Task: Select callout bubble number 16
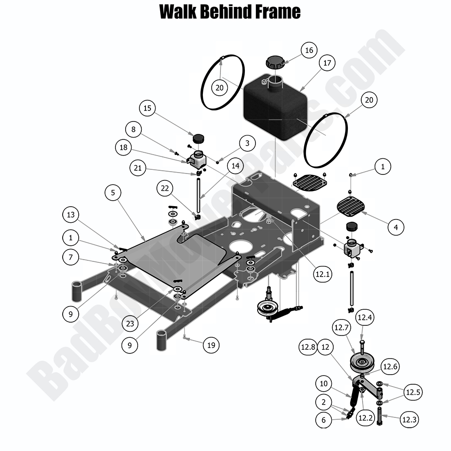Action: [309, 50]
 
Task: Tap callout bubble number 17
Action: [327, 64]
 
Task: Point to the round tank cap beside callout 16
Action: [275, 62]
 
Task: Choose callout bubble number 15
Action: [147, 109]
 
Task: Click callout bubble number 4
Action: [396, 226]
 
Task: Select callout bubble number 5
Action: [113, 193]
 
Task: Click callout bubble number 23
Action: [130, 324]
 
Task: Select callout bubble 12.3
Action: [409, 419]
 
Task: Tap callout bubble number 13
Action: [70, 214]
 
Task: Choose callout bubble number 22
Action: [165, 188]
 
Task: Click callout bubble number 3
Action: [247, 143]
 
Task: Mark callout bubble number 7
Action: [70, 257]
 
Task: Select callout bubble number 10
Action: [324, 383]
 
